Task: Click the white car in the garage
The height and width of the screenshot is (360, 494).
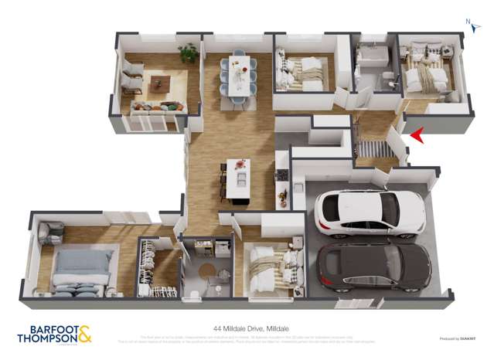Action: click(370, 212)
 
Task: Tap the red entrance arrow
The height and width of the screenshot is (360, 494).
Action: click(416, 136)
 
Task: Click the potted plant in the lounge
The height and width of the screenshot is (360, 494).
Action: click(188, 53)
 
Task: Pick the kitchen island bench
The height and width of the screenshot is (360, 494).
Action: click(238, 179)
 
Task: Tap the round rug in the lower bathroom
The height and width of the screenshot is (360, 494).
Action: click(206, 270)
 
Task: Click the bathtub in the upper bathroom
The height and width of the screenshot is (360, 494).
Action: click(373, 56)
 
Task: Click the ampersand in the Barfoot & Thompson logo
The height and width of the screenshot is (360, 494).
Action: click(83, 333)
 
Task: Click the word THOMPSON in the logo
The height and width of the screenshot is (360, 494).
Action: click(46, 338)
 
